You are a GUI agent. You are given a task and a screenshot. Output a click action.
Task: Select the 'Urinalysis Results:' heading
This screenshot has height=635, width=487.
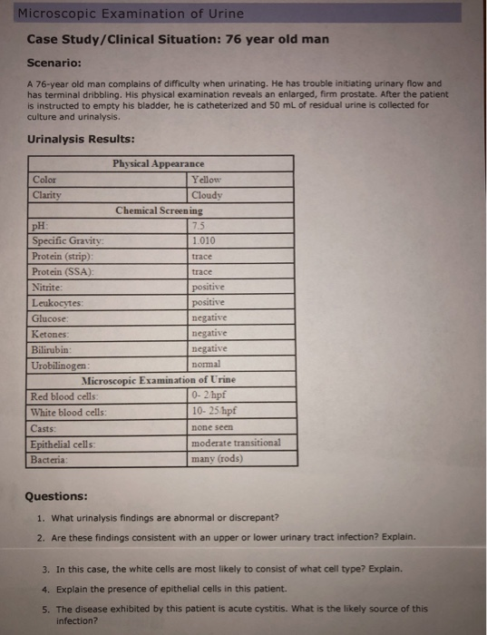coord(82,139)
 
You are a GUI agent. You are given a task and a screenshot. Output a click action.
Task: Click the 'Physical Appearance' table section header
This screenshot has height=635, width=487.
coord(158,163)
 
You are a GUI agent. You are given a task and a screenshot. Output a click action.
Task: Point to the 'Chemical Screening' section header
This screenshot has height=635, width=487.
coord(159,210)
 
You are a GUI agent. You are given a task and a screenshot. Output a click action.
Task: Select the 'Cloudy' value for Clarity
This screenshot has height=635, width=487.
coord(208,194)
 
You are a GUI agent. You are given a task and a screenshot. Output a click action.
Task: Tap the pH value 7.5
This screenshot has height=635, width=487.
coord(200,225)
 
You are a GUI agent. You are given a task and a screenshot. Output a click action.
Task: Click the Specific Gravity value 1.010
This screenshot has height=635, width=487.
coord(204,240)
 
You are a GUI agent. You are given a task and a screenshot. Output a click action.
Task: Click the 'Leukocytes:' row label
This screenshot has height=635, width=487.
coord(57,302)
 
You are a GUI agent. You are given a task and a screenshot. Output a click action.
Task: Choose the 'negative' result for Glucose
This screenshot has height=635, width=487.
coord(209,317)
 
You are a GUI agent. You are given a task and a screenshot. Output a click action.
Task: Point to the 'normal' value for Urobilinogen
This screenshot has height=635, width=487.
coord(207,364)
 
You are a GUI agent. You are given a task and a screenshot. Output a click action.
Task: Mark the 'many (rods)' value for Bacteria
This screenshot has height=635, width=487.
coord(219,457)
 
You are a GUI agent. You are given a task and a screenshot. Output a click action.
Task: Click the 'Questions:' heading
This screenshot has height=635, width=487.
coord(56,496)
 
